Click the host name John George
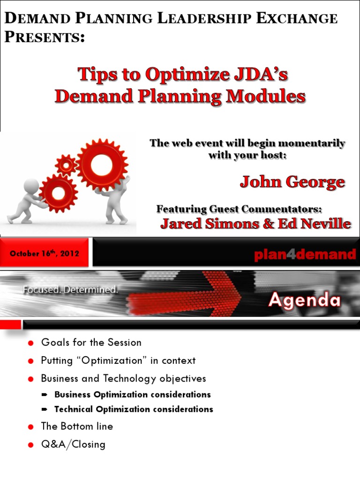292,182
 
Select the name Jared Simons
200,224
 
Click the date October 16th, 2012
45,254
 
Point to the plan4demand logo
305,255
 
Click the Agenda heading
304,300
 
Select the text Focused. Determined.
70,290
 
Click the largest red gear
102,165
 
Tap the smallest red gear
66,165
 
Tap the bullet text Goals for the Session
91,342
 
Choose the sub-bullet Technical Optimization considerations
134,409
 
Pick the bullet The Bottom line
77,427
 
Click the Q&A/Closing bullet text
73,444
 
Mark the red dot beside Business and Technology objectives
31,379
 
